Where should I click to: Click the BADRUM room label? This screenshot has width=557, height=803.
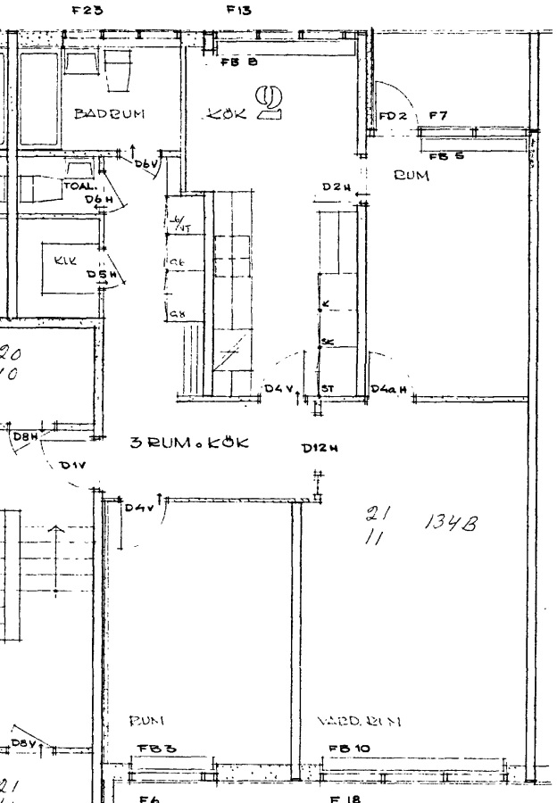click(109, 114)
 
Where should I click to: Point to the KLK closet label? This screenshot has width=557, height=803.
click(66, 261)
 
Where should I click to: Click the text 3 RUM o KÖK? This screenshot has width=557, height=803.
click(189, 443)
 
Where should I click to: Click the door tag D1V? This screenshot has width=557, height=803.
click(71, 465)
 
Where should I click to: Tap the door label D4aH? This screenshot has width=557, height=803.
click(388, 390)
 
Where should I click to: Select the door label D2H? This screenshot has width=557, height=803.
click(335, 186)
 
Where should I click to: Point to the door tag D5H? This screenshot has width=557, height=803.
click(98, 275)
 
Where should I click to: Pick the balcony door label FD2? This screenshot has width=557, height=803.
click(393, 117)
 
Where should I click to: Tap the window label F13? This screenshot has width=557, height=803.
click(239, 11)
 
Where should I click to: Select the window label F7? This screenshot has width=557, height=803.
click(437, 116)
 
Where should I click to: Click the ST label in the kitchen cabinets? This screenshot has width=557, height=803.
click(328, 390)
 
